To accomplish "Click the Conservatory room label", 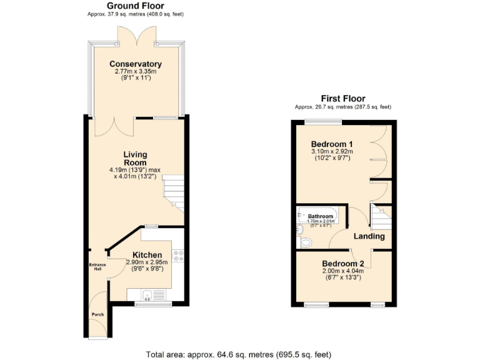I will pyautogui.click(x=136, y=64).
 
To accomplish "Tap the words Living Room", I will pyautogui.click(x=135, y=159).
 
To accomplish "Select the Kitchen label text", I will pyautogui.click(x=147, y=255).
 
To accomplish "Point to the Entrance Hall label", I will pyautogui.click(x=97, y=267).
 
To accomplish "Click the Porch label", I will pyautogui.click(x=97, y=314).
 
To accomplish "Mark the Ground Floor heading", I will pyautogui.click(x=136, y=6).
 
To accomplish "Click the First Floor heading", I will pyautogui.click(x=343, y=98).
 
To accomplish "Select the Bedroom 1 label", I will pyautogui.click(x=332, y=144).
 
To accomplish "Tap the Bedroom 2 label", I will pyautogui.click(x=343, y=264).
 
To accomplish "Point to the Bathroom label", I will pyautogui.click(x=321, y=217).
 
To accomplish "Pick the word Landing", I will pyautogui.click(x=369, y=236).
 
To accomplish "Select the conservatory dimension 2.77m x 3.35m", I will pyautogui.click(x=136, y=72).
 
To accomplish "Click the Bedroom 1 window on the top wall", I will pyautogui.click(x=323, y=121).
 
